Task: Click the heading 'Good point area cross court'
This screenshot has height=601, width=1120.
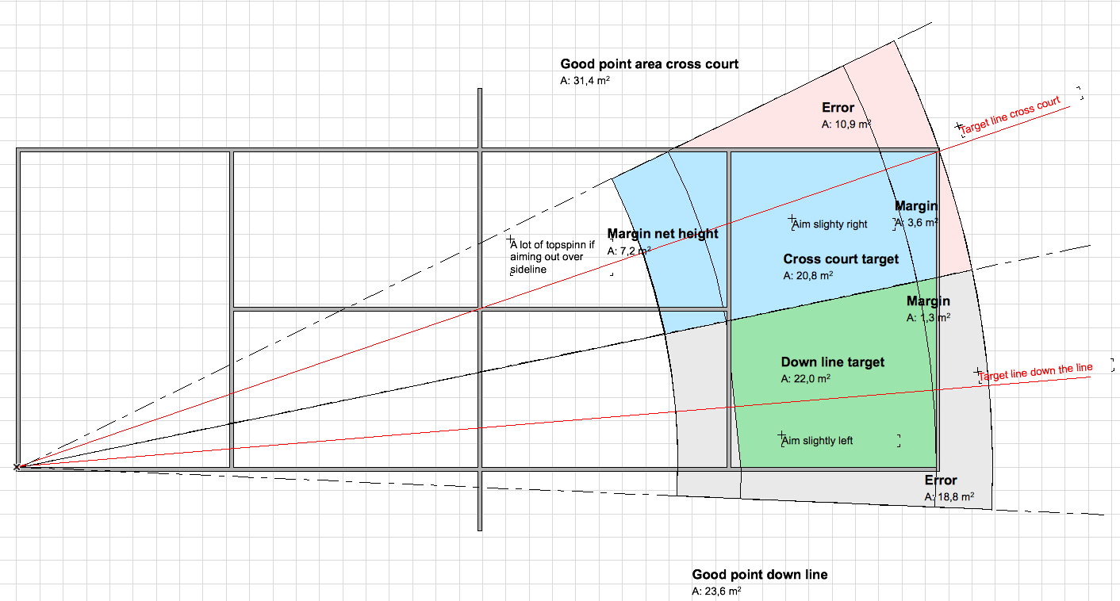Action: click(x=649, y=64)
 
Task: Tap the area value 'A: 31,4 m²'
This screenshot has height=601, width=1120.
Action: click(x=585, y=81)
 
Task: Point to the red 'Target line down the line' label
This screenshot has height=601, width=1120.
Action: click(x=1035, y=371)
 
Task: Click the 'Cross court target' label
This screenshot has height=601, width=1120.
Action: click(x=841, y=259)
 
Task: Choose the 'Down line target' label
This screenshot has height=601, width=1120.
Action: click(x=832, y=362)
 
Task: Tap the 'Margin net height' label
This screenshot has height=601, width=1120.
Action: click(x=662, y=234)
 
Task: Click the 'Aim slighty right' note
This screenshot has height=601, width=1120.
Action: click(x=830, y=224)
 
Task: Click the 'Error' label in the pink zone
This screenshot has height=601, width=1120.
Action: click(x=838, y=108)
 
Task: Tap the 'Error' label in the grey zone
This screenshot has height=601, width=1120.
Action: click(x=941, y=480)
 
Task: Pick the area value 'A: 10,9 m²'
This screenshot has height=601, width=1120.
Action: click(x=846, y=124)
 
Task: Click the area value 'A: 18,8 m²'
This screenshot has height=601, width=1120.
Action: click(x=949, y=497)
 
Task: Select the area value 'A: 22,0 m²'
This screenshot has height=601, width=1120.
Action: click(x=806, y=379)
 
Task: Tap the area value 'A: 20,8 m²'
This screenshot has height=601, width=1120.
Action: click(x=808, y=276)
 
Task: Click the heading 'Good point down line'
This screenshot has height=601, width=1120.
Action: click(x=759, y=575)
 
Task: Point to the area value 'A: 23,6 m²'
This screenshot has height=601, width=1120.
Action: click(x=716, y=591)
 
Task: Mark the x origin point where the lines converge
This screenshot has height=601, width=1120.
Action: click(x=17, y=467)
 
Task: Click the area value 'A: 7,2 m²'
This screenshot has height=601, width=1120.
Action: click(x=629, y=251)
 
